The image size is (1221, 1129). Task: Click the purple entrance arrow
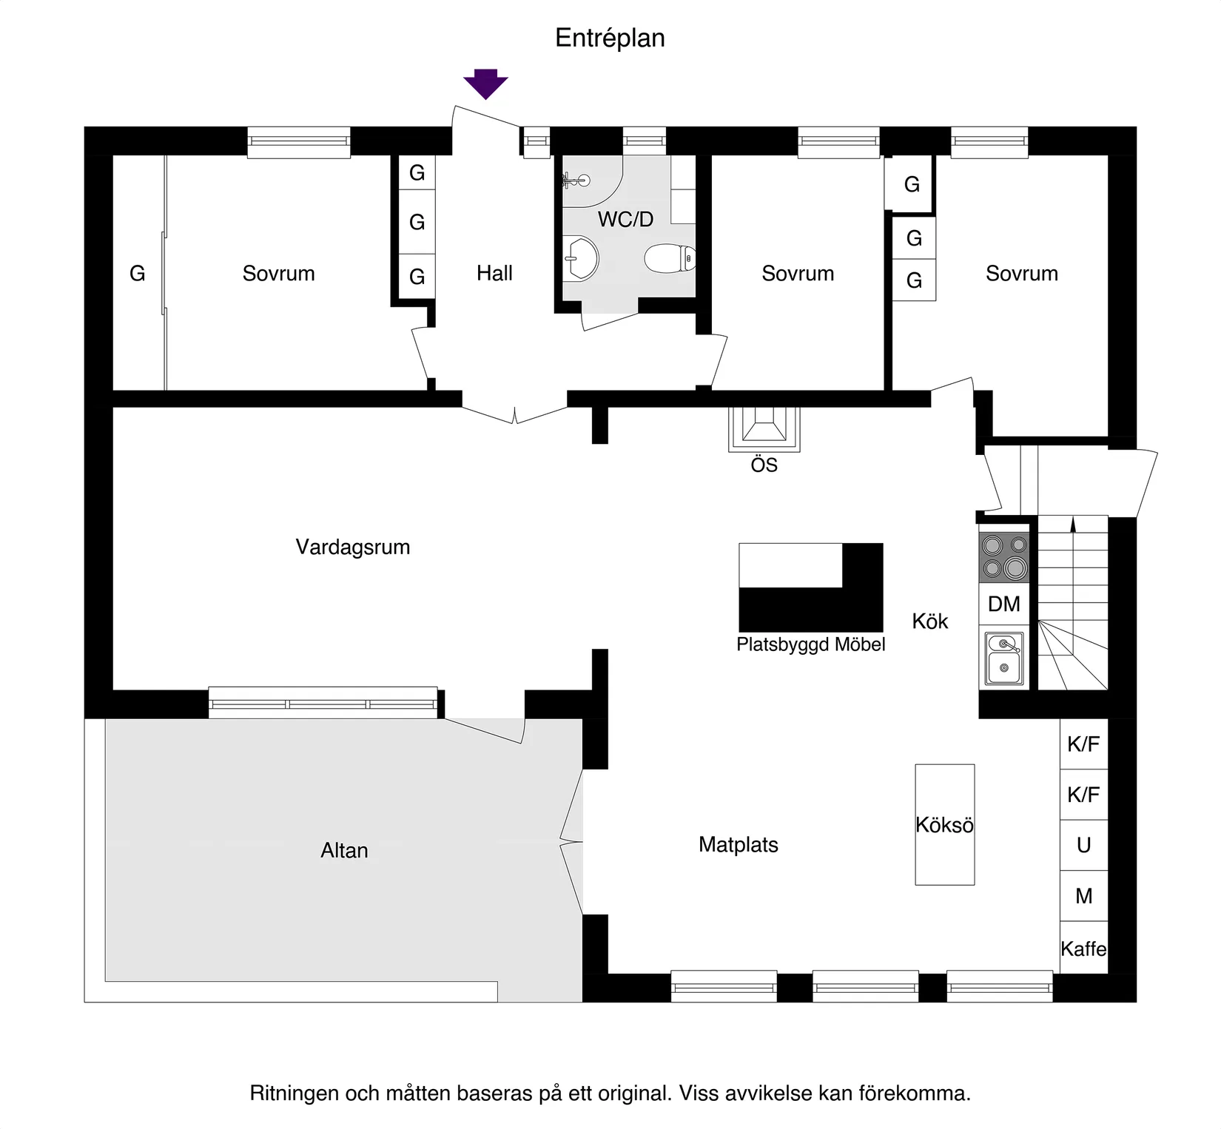[485, 84]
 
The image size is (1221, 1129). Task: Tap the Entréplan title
[610, 38]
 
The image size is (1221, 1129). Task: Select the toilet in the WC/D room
[670, 258]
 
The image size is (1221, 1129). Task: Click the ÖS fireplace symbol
[764, 428]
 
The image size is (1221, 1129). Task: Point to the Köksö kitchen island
[944, 824]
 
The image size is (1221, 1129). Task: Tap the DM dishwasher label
[1003, 604]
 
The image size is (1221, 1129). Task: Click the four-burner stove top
[1004, 557]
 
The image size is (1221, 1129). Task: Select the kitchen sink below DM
[1004, 658]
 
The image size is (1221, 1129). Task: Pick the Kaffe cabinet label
[1083, 948]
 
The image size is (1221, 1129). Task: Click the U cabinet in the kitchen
[1083, 845]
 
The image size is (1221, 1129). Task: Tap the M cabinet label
[1083, 896]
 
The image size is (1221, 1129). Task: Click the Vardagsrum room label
[352, 547]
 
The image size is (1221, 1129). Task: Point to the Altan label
[344, 850]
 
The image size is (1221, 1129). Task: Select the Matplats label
[738, 844]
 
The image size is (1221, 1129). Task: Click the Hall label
[494, 273]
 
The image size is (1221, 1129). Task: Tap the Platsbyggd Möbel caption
[810, 644]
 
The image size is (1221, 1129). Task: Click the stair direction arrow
[1073, 525]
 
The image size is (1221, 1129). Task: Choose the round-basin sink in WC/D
[580, 258]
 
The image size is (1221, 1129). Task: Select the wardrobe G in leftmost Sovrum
[137, 273]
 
